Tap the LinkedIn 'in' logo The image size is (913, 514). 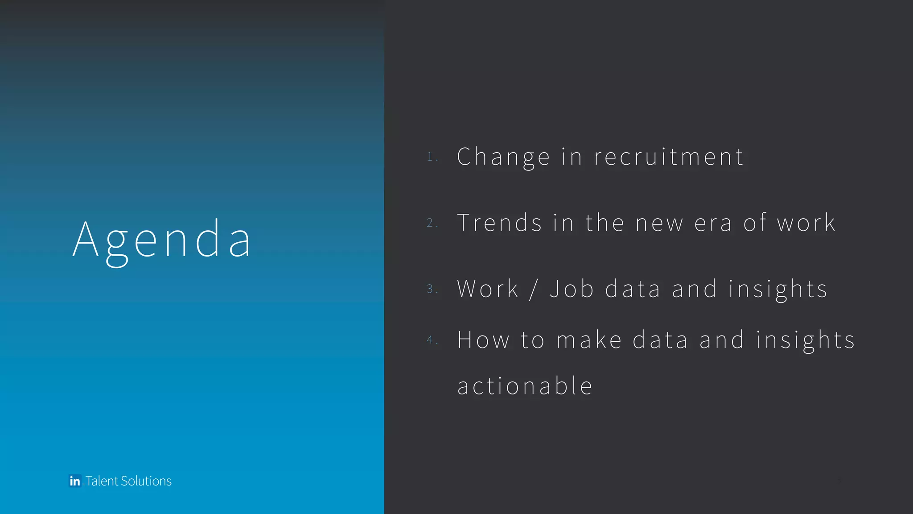pyautogui.click(x=75, y=481)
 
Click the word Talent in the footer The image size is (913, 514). pyautogui.click(x=102, y=481)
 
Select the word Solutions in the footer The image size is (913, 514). pyautogui.click(x=146, y=481)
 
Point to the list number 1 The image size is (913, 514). pyautogui.click(x=430, y=157)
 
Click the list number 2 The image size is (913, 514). pyautogui.click(x=430, y=223)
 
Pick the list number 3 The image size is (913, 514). pyautogui.click(x=430, y=289)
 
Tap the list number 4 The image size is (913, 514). pyautogui.click(x=430, y=340)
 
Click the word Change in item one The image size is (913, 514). pyautogui.click(x=503, y=157)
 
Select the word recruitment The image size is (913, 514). pyautogui.click(x=669, y=157)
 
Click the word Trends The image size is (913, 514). pyautogui.click(x=499, y=223)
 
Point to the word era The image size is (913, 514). pyautogui.click(x=713, y=224)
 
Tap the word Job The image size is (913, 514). pyautogui.click(x=572, y=289)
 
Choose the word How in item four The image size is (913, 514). pyautogui.click(x=483, y=340)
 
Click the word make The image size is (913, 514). pyautogui.click(x=589, y=340)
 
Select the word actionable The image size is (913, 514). pyautogui.click(x=525, y=386)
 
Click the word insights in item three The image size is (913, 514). pyautogui.click(x=778, y=289)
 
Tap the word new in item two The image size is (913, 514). pyautogui.click(x=659, y=224)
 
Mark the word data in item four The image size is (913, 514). pyautogui.click(x=660, y=340)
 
